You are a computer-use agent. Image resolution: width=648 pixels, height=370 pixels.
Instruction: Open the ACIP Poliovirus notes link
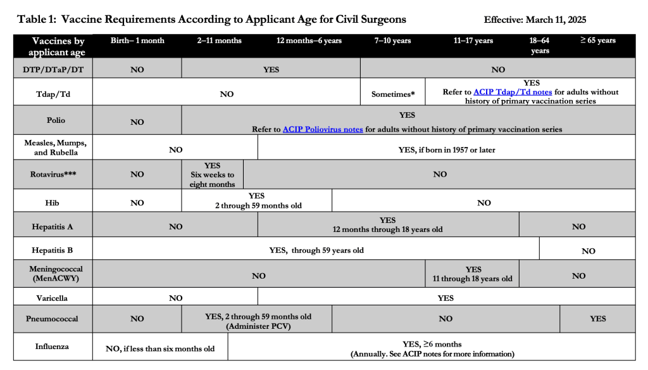coord(323,129)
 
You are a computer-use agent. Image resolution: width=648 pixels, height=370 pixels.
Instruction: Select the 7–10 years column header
coord(392,41)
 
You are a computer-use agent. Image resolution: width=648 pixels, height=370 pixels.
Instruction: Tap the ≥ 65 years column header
coord(597,41)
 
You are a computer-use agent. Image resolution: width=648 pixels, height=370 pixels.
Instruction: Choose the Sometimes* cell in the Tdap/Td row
coord(393,94)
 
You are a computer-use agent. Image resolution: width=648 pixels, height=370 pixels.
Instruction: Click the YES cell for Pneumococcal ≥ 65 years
coord(597,319)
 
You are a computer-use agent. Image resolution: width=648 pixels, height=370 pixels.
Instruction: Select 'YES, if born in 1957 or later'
coord(446,150)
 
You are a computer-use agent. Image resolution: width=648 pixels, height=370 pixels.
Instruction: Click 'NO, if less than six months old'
coord(160,348)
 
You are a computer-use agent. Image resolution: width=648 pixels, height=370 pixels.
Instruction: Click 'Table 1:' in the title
coord(36,19)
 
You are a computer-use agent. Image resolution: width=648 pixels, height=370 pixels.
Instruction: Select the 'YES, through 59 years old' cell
coord(316,250)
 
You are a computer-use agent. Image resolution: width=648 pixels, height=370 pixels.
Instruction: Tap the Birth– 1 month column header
coord(137,41)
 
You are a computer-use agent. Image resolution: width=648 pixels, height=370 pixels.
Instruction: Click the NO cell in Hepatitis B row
coord(588,251)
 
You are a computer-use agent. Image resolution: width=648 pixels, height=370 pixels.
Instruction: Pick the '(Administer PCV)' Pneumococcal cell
coord(258,326)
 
